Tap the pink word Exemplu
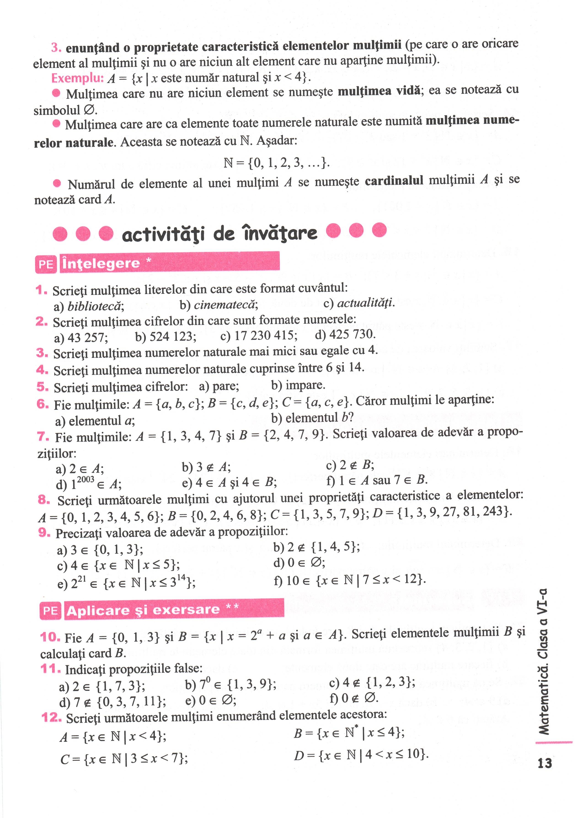pyautogui.click(x=77, y=78)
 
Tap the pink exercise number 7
pyautogui.click(x=43, y=436)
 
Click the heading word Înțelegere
pyautogui.click(x=101, y=264)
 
